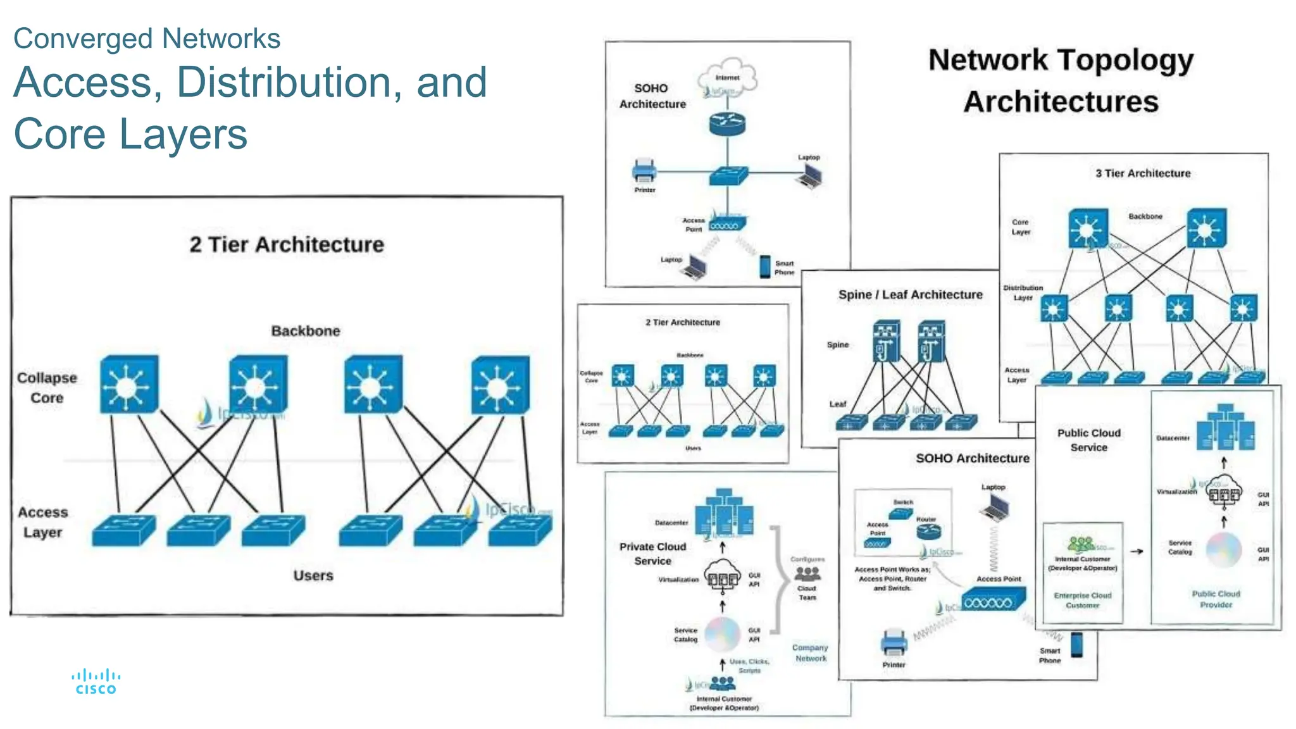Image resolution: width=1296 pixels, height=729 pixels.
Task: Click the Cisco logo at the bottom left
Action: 96,682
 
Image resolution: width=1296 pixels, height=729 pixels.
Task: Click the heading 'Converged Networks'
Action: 147,39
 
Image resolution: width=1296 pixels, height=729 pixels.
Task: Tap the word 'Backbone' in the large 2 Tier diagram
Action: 306,331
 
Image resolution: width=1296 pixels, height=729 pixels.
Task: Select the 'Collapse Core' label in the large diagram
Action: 47,387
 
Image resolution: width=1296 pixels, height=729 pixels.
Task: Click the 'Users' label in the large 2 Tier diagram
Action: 313,575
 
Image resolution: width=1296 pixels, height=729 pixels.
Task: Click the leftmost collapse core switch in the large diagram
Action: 128,385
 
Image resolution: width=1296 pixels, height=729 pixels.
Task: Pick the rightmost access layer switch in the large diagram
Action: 520,530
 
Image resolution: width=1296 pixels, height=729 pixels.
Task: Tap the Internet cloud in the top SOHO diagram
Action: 727,80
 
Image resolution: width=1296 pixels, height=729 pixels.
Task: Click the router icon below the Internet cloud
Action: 727,123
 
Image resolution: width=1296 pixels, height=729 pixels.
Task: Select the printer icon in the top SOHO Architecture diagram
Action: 644,170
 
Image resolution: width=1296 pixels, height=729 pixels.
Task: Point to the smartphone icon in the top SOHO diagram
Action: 765,266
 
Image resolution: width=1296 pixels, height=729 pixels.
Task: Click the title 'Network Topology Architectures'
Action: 1061,80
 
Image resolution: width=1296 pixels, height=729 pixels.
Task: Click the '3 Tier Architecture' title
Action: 1143,173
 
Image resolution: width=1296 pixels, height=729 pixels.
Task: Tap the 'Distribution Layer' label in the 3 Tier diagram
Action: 1023,292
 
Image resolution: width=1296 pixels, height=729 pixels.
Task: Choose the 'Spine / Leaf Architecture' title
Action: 910,295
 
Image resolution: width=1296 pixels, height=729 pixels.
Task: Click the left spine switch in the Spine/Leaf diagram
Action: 886,340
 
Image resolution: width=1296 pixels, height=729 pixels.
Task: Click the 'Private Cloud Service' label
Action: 652,554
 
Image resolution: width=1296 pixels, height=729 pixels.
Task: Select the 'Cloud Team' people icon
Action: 807,574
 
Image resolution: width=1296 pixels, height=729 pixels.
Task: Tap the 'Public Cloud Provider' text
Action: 1216,599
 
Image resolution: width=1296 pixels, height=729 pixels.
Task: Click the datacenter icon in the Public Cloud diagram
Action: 1225,428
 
